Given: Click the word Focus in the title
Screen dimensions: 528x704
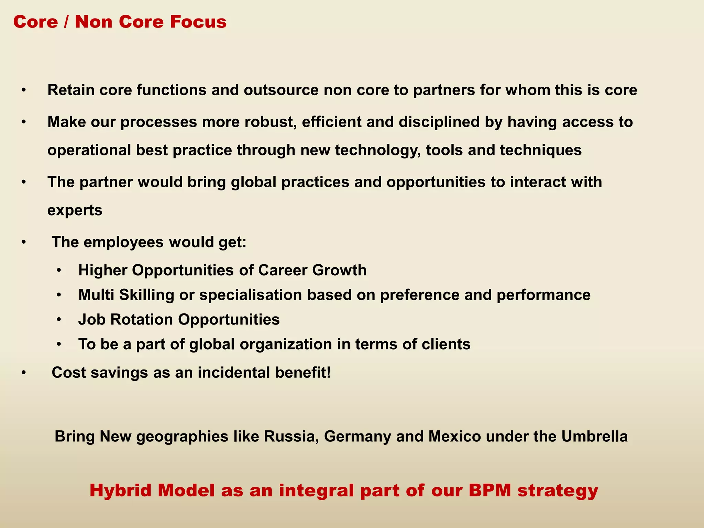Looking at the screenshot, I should pyautogui.click(x=198, y=22).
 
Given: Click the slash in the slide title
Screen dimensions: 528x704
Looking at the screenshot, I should pyautogui.click(x=66, y=22).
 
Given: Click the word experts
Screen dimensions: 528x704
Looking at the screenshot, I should pyautogui.click(x=75, y=210).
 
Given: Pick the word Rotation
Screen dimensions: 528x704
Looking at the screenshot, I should pyautogui.click(x=143, y=319).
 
